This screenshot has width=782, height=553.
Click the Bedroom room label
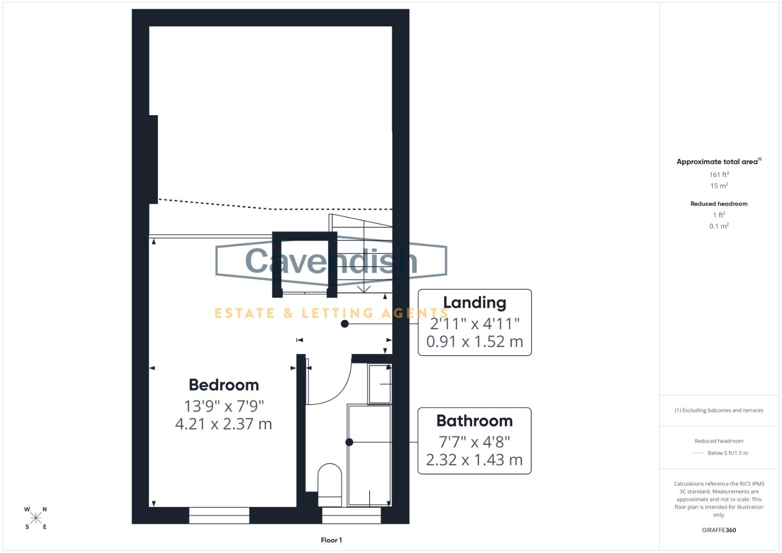point(224,385)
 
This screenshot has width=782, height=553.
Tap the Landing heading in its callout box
point(474,303)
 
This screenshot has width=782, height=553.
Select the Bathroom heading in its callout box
point(474,421)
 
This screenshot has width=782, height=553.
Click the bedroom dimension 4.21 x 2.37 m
point(223,424)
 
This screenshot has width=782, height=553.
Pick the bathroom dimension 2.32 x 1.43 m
point(474,460)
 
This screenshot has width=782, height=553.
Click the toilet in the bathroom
point(330,484)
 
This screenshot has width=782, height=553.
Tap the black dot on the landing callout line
point(345,324)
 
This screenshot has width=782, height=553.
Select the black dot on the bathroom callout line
point(349,442)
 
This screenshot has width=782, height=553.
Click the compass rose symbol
point(36,518)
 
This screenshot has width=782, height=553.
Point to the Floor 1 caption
point(331,540)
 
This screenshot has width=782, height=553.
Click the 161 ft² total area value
point(719,175)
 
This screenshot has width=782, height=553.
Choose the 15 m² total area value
point(719,186)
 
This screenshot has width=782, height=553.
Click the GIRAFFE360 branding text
point(719,530)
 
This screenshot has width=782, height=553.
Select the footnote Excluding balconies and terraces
point(719,410)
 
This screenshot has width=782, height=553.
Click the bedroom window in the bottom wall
point(219,515)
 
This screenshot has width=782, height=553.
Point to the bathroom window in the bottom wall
point(351,515)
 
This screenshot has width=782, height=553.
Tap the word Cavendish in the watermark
point(331,261)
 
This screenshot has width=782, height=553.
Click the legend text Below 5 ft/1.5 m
point(727,453)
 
